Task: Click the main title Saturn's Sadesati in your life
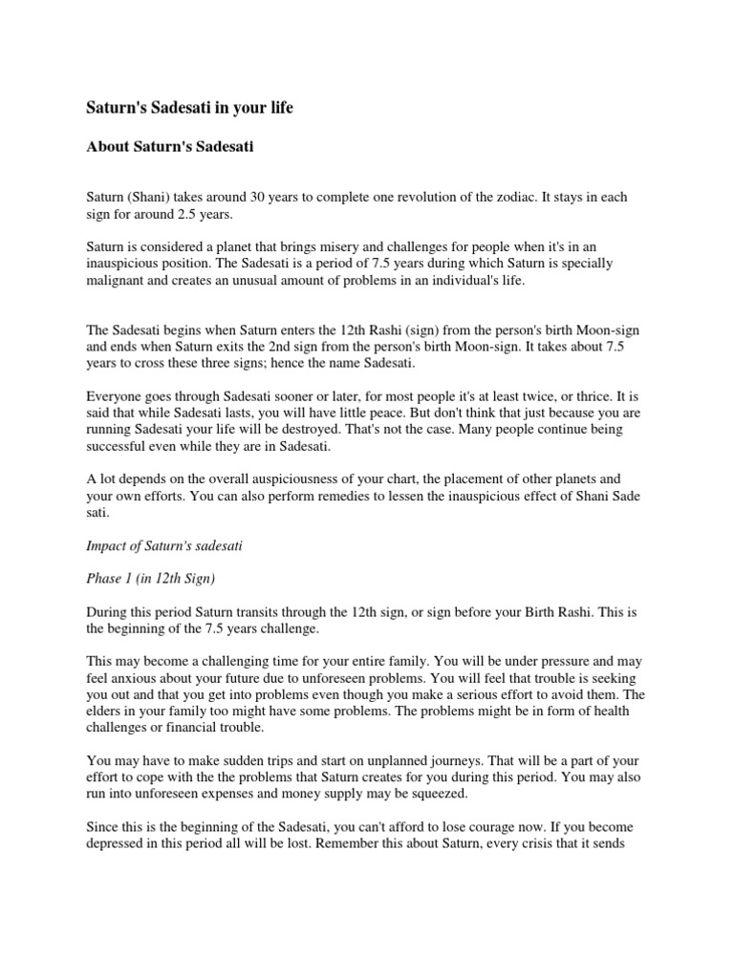[x=189, y=108]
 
